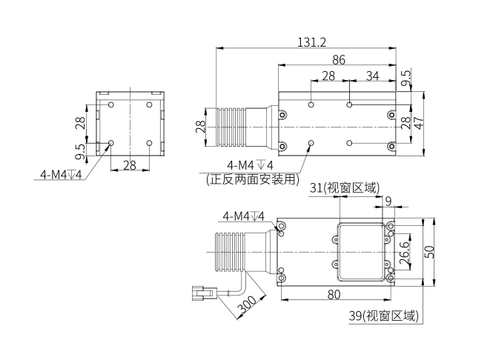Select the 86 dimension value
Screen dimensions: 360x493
338,59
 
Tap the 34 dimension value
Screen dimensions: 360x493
372,76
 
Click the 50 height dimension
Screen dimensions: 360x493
429,250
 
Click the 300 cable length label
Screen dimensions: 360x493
246,304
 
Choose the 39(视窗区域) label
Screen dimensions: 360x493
383,316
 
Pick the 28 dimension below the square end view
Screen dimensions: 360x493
130,165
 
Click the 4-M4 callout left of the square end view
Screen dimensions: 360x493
61,175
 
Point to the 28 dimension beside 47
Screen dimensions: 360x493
405,123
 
